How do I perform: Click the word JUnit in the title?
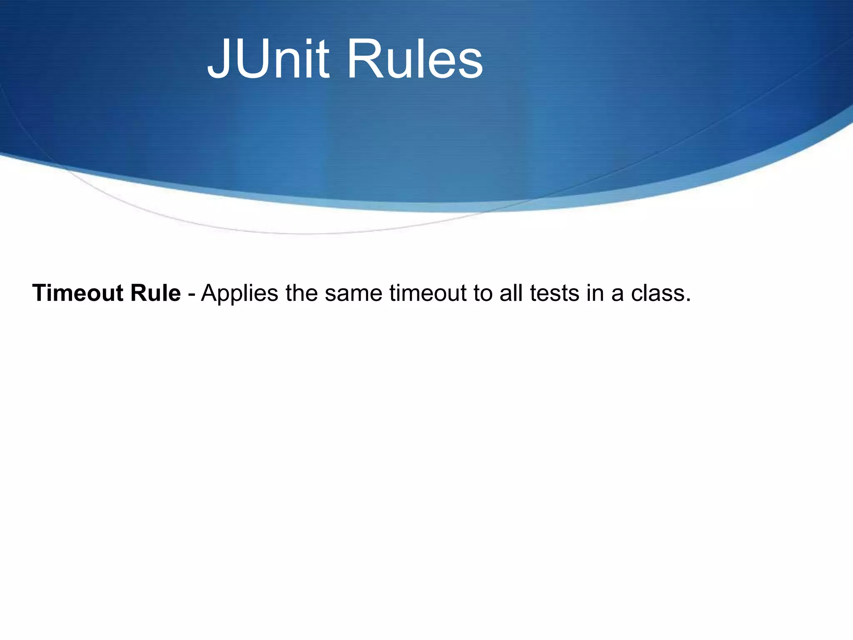point(268,59)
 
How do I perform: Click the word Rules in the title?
point(414,59)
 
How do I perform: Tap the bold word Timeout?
point(78,293)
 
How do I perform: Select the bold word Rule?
point(155,293)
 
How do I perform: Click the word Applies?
point(239,294)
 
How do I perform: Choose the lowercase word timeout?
point(428,293)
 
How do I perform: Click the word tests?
point(554,294)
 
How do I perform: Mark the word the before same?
point(302,293)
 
